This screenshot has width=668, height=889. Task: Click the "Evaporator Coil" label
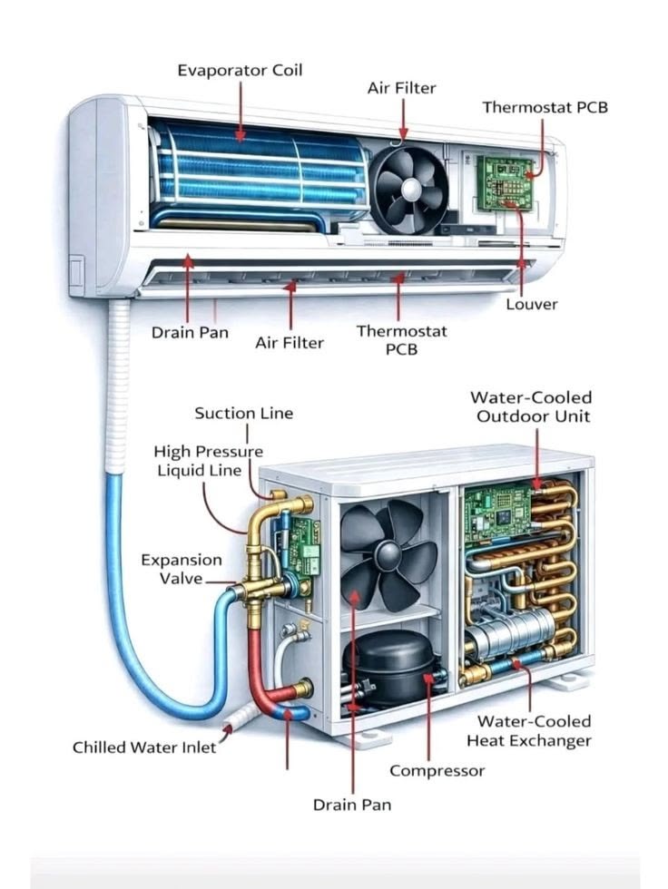pos(240,70)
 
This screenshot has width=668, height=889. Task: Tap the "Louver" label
pos(531,304)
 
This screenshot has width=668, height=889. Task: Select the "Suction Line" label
pos(244,413)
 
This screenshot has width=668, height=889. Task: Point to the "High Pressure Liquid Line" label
pos(208,461)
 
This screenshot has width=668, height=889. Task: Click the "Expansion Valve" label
pos(181,570)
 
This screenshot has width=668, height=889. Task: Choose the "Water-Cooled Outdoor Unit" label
pos(530,406)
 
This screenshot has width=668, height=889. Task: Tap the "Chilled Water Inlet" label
pos(144,747)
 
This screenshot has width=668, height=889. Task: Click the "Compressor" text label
pos(437,770)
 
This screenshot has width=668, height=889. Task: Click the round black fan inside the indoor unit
pos(409,190)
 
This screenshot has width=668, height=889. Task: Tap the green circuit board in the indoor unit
pos(504,181)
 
